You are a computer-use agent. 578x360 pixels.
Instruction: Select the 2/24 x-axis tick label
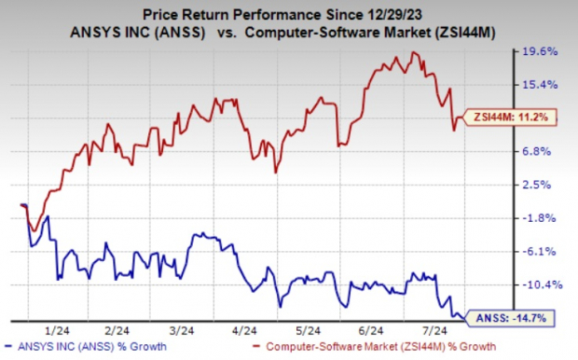pyautogui.click(x=117, y=329)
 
